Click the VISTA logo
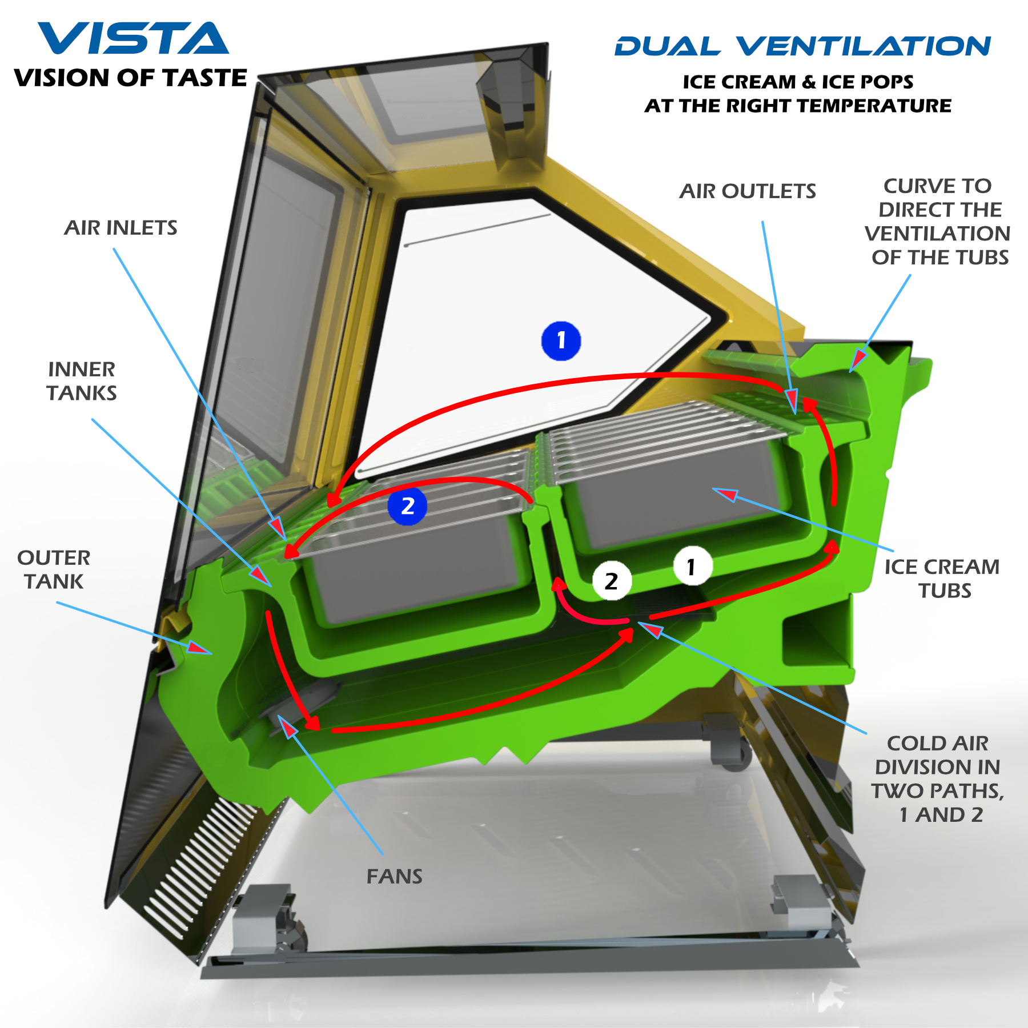133,39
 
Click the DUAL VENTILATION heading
802,46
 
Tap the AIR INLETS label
121,228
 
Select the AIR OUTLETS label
748,191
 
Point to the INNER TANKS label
82,381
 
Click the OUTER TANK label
54,569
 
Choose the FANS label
394,876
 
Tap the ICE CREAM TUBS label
942,578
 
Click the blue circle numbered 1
561,341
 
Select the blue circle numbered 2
407,506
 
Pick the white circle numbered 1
692,567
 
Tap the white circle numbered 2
612,581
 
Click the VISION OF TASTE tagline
130,78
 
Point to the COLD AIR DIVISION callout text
938,779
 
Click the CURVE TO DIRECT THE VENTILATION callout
938,222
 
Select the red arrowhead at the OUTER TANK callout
199,648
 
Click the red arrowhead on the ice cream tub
725,493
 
